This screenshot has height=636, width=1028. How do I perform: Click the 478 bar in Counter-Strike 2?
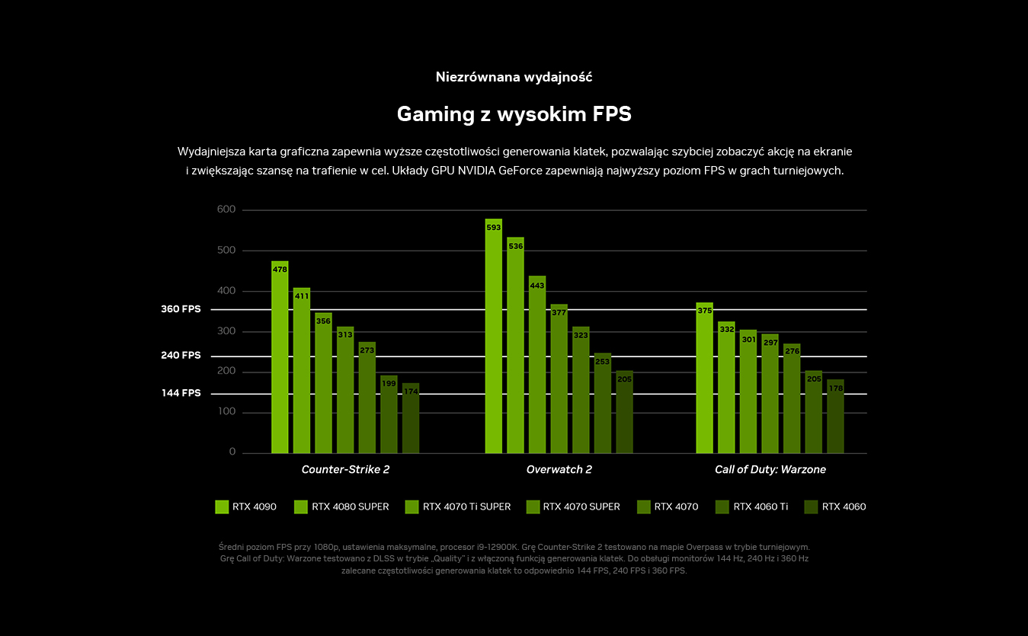280,358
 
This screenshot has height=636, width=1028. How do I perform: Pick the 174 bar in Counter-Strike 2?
411,419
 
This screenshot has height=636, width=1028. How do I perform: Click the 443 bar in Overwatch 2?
537,366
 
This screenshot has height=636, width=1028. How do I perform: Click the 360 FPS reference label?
181,309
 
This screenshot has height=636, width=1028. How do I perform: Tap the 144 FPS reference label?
181,393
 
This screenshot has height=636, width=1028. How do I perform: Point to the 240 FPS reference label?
181,356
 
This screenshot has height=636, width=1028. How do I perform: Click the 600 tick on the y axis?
226,209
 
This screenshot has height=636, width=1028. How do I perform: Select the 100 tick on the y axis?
226,412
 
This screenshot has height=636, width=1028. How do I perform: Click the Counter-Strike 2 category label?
345,469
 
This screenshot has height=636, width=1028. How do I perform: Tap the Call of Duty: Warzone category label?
770,469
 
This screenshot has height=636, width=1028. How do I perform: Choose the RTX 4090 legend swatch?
222,507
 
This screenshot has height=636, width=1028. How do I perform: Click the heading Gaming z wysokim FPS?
514,114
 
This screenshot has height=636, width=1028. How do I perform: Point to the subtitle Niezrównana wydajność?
514,77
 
